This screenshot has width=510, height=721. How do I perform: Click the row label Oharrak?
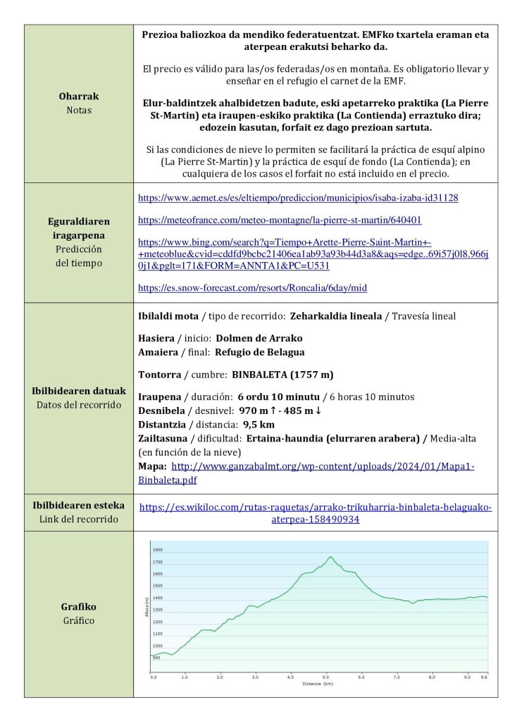(x=78, y=97)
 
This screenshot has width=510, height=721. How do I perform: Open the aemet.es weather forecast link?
(x=298, y=198)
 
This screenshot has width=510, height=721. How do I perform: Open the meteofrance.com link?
(x=280, y=220)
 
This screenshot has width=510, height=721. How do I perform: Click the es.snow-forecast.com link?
(x=252, y=287)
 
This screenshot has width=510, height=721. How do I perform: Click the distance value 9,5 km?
(x=257, y=425)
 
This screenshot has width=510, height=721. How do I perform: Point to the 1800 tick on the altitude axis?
(x=158, y=550)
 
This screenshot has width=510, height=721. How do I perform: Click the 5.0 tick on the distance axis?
(x=326, y=677)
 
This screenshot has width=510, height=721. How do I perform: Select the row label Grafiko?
(x=78, y=606)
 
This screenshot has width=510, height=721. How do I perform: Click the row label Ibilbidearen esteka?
(x=78, y=505)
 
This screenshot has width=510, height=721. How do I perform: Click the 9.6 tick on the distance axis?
(x=483, y=677)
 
